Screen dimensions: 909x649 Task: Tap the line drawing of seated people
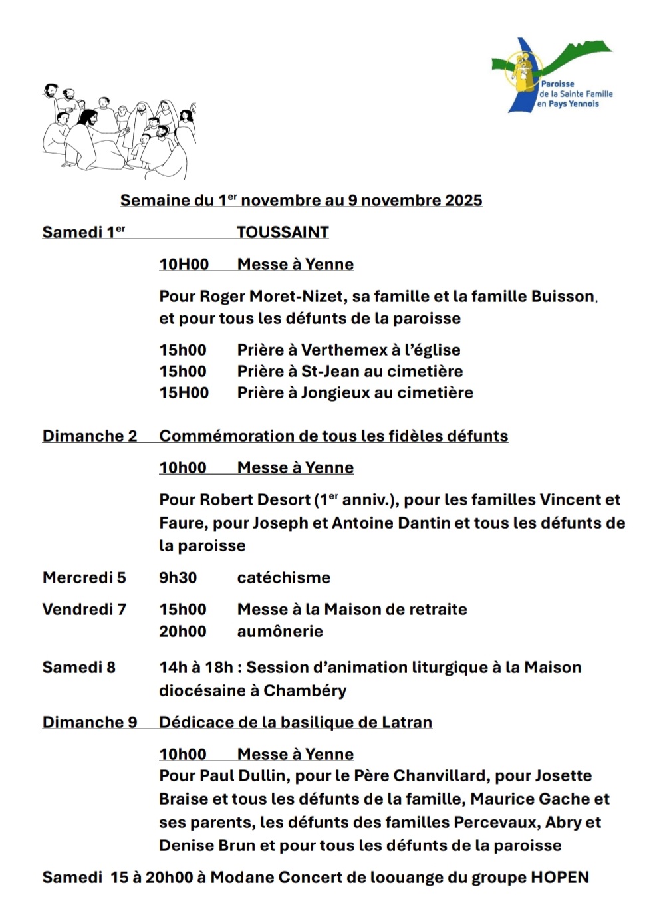click(120, 130)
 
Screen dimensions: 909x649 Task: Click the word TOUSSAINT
click(283, 232)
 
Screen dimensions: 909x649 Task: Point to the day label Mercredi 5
click(84, 577)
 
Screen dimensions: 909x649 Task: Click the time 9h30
click(178, 577)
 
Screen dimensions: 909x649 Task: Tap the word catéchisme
click(283, 577)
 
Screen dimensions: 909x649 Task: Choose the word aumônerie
click(280, 631)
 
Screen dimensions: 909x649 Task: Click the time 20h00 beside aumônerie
click(182, 631)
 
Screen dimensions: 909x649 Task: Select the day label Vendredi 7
click(84, 609)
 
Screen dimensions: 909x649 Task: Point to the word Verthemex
click(344, 350)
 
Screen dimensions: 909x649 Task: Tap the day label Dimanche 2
click(89, 436)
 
